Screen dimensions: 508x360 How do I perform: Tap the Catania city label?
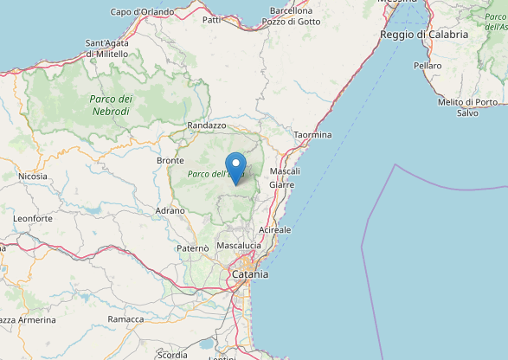249,274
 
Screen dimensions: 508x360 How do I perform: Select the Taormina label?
312,135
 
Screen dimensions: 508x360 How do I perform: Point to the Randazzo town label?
206,125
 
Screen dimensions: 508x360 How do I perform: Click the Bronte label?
170,161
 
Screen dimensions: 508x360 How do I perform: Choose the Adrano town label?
170,210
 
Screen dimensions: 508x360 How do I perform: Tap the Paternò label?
192,248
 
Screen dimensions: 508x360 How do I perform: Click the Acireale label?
275,230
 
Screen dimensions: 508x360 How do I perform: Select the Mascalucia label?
239,246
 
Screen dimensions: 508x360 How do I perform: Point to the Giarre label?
281,184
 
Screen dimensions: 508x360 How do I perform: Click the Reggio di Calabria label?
424,35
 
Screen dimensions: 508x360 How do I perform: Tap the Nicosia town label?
33,177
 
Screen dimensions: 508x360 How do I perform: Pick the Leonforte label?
33,219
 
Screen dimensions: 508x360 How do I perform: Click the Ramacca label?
126,319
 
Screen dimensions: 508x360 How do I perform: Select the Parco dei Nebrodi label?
110,105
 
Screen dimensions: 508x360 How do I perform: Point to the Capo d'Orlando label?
142,12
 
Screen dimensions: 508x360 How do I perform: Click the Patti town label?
211,19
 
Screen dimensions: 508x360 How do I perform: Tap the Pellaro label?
428,65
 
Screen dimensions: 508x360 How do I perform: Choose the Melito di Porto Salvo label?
467,107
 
